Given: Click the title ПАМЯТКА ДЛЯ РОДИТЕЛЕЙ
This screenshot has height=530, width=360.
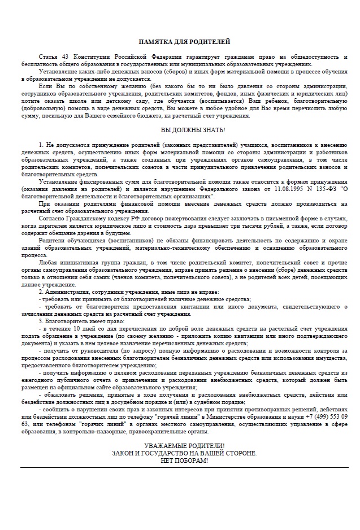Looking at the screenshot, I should tap(180, 42).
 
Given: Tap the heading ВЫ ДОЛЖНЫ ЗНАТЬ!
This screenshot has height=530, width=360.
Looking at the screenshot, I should tap(180, 129).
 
